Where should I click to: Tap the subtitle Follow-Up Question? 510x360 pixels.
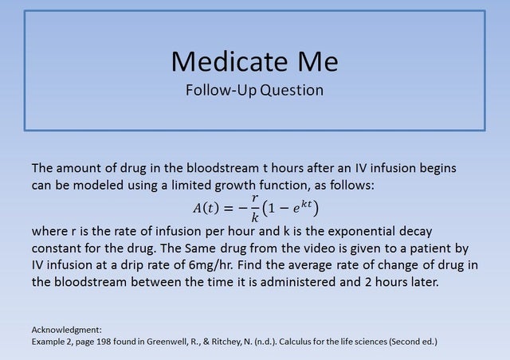pyautogui.click(x=254, y=89)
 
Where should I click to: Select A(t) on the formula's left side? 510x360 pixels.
pyautogui.click(x=207, y=209)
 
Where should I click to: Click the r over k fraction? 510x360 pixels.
pyautogui.click(x=254, y=208)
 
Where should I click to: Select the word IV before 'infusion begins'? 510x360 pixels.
pyautogui.click(x=365, y=169)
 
